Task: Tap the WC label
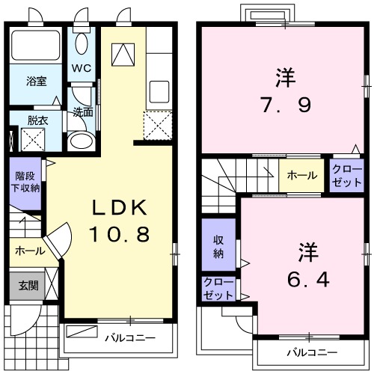coord(82,67)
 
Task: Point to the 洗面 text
coord(82,112)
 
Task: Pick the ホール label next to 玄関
coord(28,251)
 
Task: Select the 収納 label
coord(218,245)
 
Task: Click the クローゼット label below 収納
coord(218,289)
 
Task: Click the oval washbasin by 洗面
coord(79,142)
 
